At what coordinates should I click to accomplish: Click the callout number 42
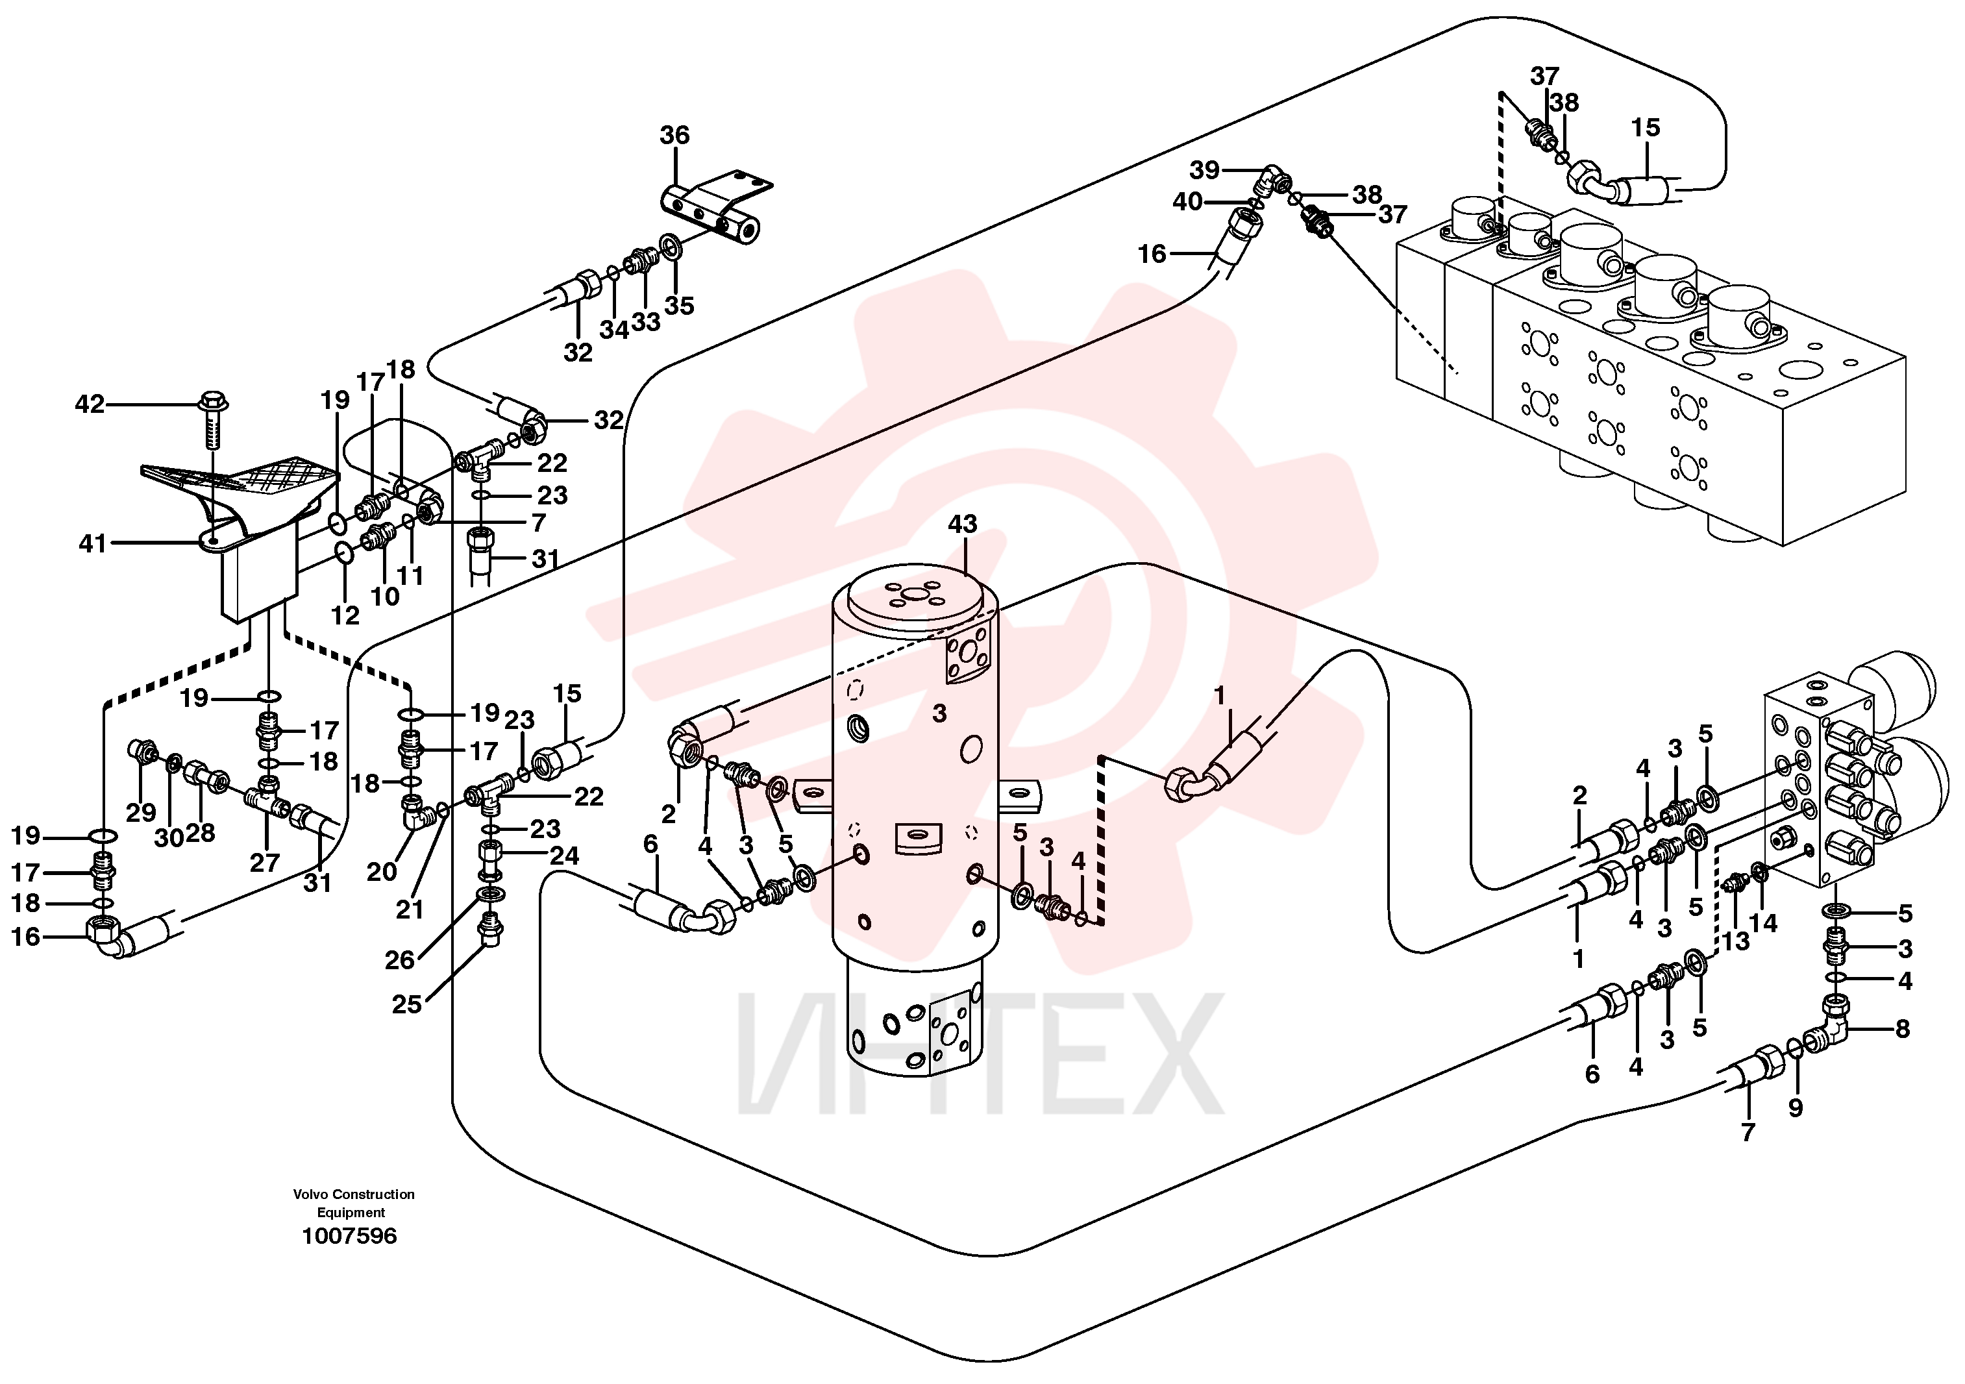pyautogui.click(x=89, y=404)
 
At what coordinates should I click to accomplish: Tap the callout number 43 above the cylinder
pyautogui.click(x=962, y=524)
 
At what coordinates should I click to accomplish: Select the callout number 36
pyautogui.click(x=674, y=135)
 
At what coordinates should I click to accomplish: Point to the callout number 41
pyautogui.click(x=92, y=543)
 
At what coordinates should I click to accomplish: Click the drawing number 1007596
pyautogui.click(x=349, y=1236)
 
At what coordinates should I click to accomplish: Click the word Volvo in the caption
pyautogui.click(x=311, y=1194)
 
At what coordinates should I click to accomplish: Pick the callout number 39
pyautogui.click(x=1204, y=170)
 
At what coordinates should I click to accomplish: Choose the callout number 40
pyautogui.click(x=1188, y=202)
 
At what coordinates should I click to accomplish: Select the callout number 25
pyautogui.click(x=406, y=1004)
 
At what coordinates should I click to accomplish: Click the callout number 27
pyautogui.click(x=264, y=862)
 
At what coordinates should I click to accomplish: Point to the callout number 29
pyautogui.click(x=142, y=812)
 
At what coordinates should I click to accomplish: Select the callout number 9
pyautogui.click(x=1796, y=1108)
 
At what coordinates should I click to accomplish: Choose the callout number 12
pyautogui.click(x=345, y=615)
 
